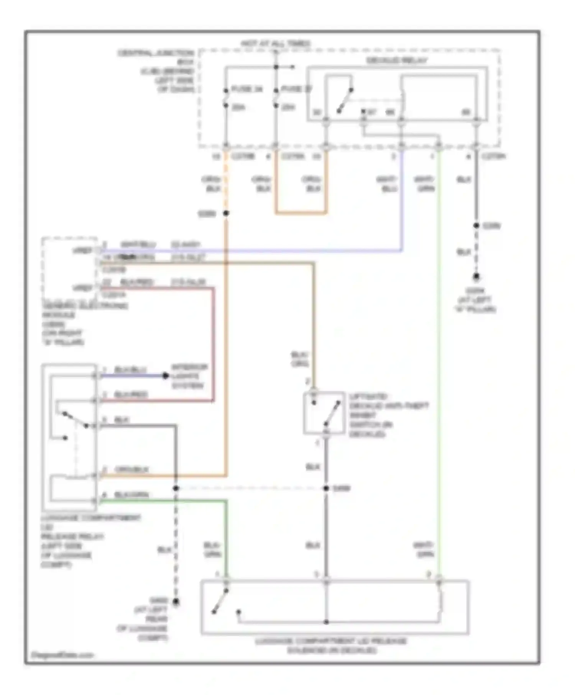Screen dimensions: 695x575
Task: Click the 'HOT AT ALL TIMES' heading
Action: click(276, 43)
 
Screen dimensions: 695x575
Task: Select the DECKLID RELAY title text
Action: click(396, 61)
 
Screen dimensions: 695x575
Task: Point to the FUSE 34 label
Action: click(247, 89)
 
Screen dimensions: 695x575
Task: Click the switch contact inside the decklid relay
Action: click(345, 101)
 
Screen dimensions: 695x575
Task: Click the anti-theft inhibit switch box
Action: click(324, 413)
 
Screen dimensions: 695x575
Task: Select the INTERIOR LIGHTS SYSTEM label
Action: click(189, 376)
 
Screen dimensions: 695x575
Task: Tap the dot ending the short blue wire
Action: click(165, 376)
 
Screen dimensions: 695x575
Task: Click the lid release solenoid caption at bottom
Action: click(332, 646)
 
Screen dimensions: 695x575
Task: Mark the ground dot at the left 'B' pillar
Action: click(476, 276)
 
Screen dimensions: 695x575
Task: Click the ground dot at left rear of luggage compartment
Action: click(176, 602)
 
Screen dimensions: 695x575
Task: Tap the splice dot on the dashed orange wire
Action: click(226, 213)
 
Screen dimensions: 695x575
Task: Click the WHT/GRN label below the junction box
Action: click(425, 184)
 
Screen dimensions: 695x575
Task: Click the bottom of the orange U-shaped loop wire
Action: click(301, 212)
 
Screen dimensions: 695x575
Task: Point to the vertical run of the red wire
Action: click(213, 345)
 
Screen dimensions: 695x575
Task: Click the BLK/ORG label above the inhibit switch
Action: click(299, 359)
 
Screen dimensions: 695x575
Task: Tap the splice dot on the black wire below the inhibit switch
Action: click(326, 488)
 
